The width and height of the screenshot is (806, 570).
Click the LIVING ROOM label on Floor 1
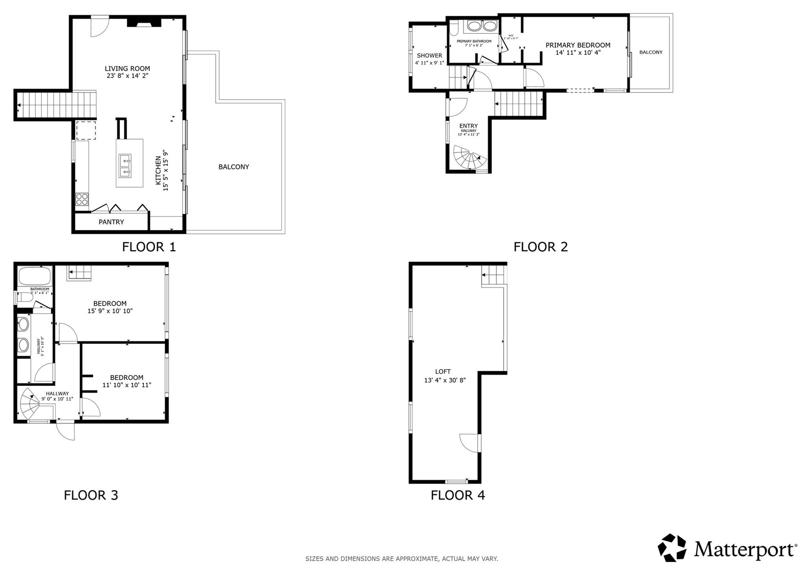(x=127, y=68)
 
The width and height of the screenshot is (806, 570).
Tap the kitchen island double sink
(x=125, y=166)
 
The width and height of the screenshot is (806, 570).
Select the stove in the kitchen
(x=82, y=199)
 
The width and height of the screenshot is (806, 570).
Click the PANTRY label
(x=111, y=222)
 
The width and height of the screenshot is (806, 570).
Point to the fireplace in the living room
(x=144, y=22)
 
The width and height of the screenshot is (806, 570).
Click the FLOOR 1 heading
(x=149, y=247)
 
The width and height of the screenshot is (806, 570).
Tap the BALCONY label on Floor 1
(x=234, y=167)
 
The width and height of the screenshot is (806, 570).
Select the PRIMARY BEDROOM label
(x=577, y=45)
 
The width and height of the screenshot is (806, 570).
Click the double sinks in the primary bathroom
(x=482, y=26)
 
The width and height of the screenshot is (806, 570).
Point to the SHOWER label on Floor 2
(x=429, y=56)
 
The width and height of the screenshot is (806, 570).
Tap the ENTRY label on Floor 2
(x=468, y=126)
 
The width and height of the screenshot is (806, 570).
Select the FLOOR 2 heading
(x=540, y=247)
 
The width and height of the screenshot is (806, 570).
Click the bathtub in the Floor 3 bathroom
(x=35, y=276)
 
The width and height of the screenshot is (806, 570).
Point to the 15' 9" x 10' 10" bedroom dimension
(x=110, y=311)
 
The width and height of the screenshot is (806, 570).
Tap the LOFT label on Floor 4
(x=443, y=372)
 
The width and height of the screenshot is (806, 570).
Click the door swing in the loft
(x=470, y=443)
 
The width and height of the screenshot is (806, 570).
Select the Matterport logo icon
(x=672, y=548)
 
